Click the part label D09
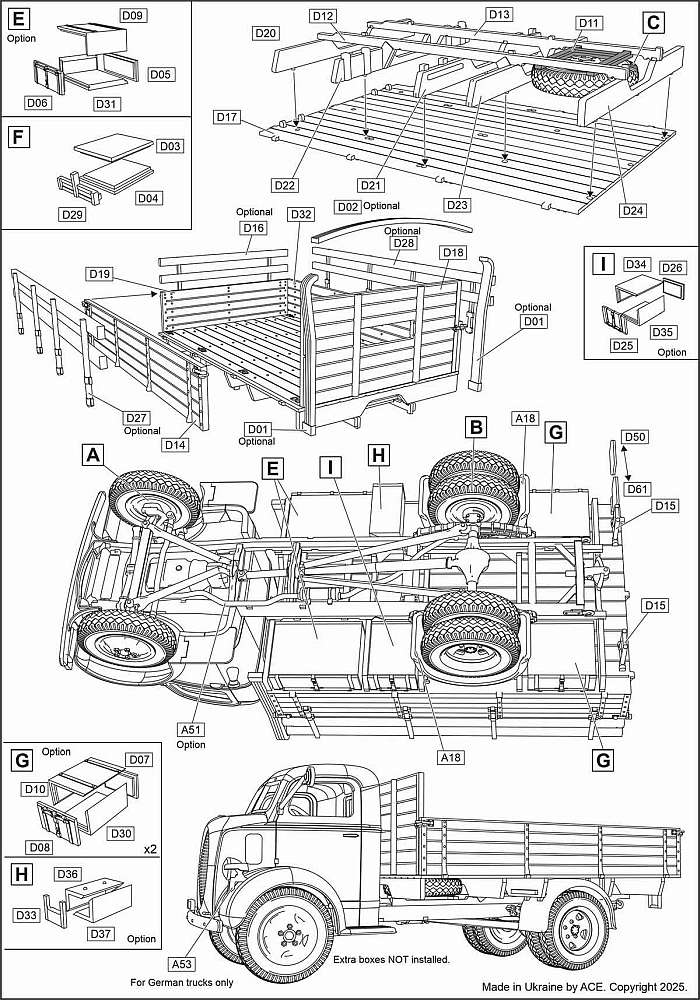click(133, 16)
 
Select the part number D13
click(499, 14)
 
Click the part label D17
click(227, 117)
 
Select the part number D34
click(638, 264)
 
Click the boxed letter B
click(477, 427)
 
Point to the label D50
click(635, 437)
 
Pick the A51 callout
click(191, 730)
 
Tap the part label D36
click(68, 873)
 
